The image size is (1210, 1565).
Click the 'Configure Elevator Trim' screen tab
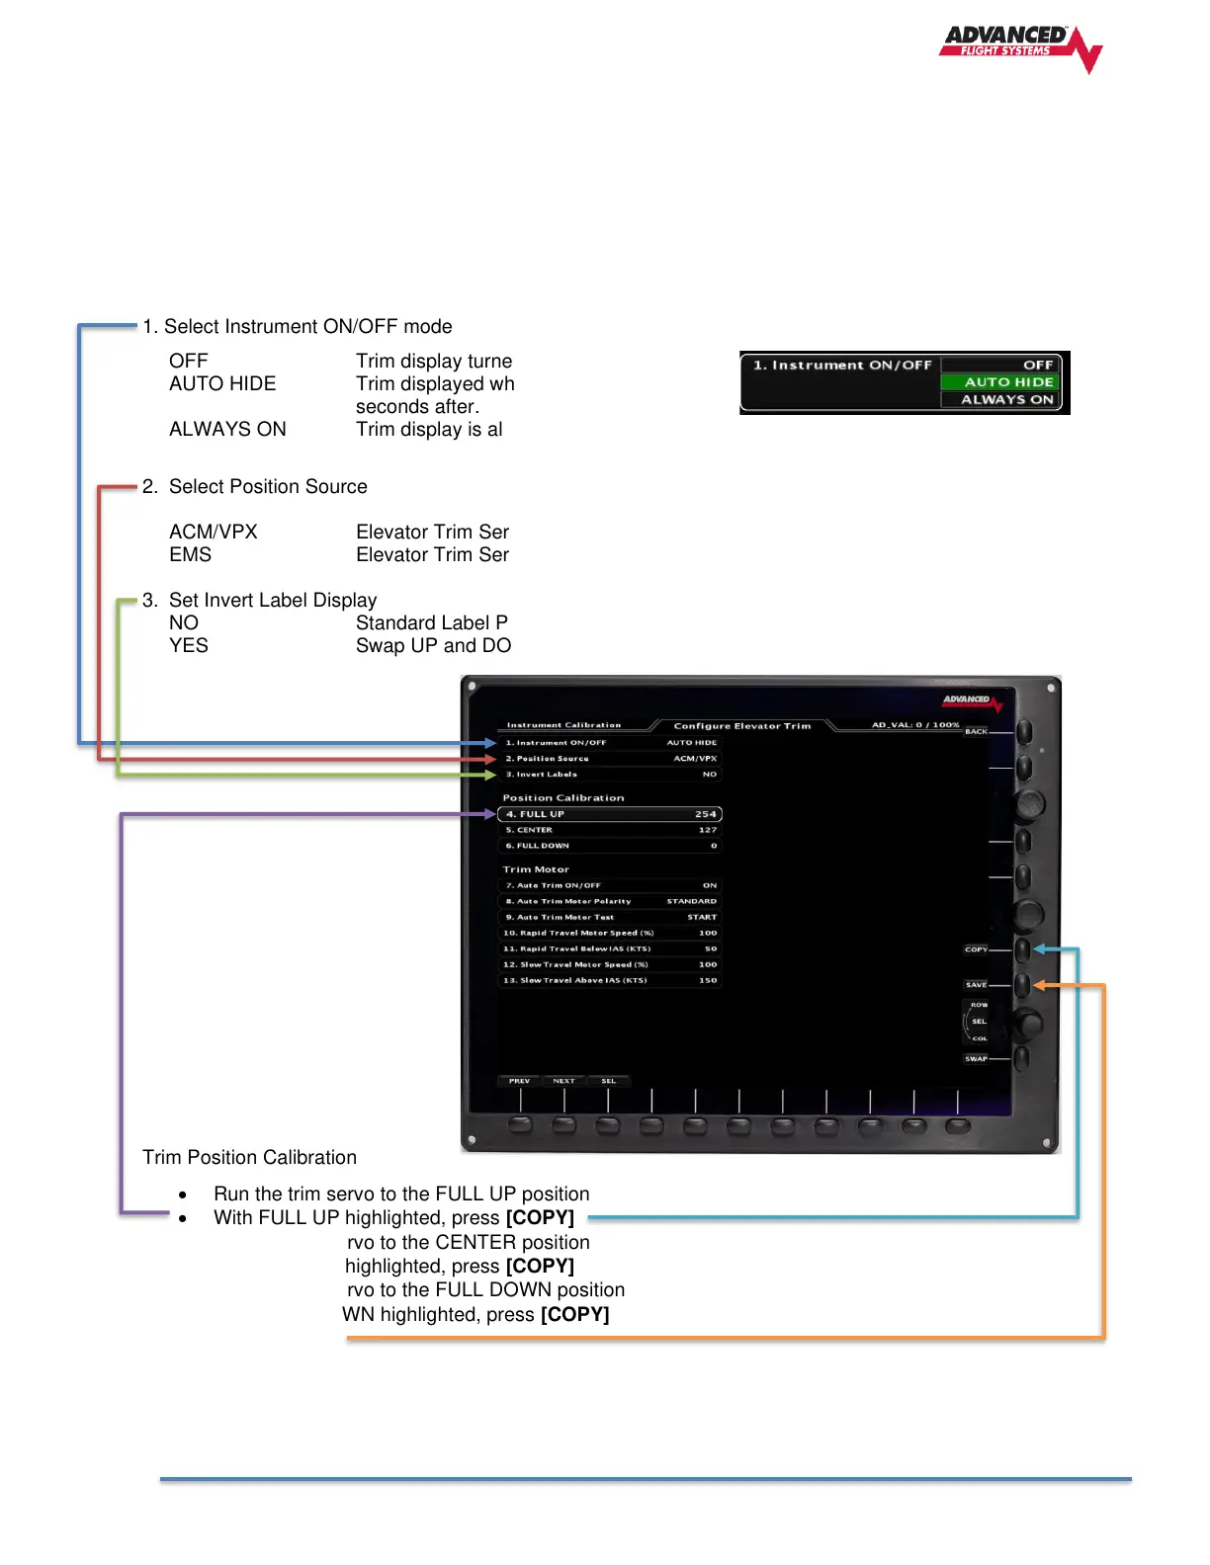click(741, 726)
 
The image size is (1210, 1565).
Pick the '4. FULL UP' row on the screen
click(610, 814)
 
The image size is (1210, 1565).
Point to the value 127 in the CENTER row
click(708, 830)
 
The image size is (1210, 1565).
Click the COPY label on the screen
click(976, 949)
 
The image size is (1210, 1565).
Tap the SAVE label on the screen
click(976, 985)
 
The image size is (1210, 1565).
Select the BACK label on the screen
click(976, 732)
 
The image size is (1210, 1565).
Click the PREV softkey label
click(519, 1081)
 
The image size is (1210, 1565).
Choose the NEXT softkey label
click(563, 1081)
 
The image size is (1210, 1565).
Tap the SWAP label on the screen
click(976, 1059)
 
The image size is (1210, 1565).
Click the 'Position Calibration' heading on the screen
click(563, 798)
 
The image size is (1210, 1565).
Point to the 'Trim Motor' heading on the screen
click(536, 869)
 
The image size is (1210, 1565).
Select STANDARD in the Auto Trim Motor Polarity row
click(691, 901)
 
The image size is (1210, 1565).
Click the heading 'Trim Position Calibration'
click(249, 1157)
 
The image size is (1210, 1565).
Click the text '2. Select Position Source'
click(255, 486)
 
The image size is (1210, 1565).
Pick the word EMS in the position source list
click(190, 554)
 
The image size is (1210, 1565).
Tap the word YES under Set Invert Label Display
click(188, 645)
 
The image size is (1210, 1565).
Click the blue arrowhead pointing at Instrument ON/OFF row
click(490, 742)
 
